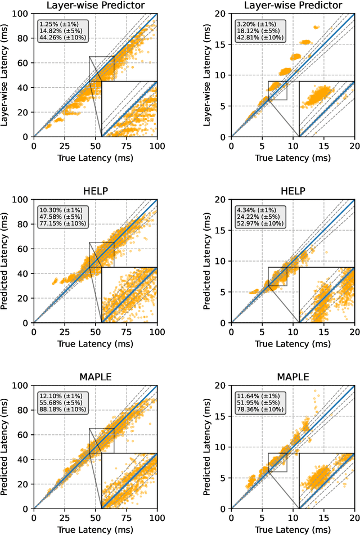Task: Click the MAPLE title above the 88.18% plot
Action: click(95, 377)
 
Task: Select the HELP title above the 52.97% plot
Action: click(292, 191)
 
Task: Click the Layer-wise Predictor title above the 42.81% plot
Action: click(292, 5)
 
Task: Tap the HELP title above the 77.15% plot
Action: click(95, 191)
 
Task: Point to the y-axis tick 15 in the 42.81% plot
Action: click(221, 44)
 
